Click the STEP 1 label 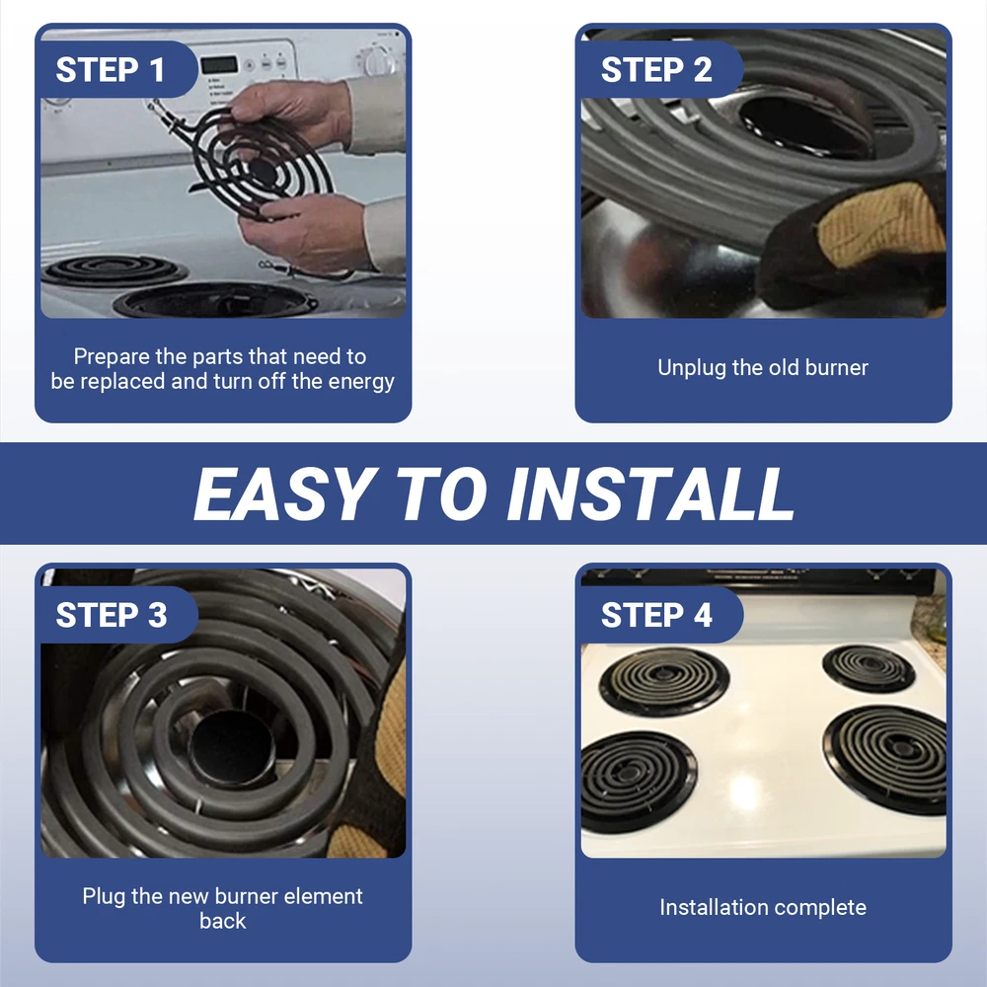[111, 69]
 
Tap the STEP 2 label [656, 69]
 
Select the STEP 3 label [112, 615]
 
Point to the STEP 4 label [656, 615]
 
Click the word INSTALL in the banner [650, 494]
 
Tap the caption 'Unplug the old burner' [763, 367]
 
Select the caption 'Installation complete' [763, 907]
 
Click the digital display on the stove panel [219, 64]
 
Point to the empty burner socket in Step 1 [215, 300]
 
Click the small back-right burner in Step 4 [869, 668]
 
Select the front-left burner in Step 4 [638, 782]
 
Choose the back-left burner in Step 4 [664, 681]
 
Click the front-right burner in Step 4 [885, 758]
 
